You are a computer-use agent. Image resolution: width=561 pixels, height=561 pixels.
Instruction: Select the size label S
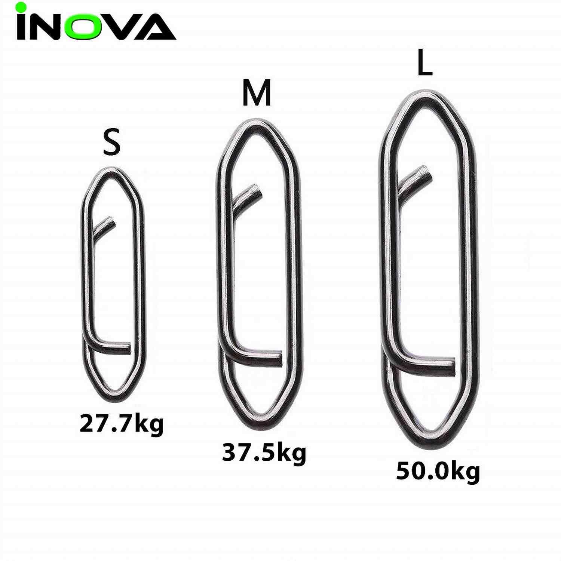111,142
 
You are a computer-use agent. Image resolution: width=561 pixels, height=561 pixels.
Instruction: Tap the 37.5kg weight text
264,453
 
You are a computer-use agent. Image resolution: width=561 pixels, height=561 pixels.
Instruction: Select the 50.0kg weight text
438,472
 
